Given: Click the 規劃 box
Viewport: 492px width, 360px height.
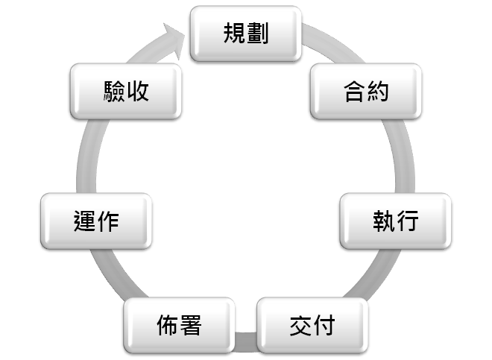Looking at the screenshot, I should click(x=246, y=34).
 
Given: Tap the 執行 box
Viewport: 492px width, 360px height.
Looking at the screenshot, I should click(x=396, y=221).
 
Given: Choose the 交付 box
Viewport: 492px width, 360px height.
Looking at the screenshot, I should click(x=312, y=326).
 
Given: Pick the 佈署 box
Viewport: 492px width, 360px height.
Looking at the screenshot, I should click(x=180, y=326).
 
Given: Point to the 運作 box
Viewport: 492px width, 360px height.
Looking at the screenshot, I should click(x=97, y=221).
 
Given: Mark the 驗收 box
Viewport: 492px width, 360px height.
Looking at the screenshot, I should click(x=126, y=92).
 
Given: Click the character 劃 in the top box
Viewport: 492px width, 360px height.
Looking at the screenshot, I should click(x=258, y=34).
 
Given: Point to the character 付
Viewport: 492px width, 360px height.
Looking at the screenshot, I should click(x=324, y=326).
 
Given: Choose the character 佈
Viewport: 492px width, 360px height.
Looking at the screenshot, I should click(x=168, y=326).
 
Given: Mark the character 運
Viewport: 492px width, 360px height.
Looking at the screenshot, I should click(x=85, y=221).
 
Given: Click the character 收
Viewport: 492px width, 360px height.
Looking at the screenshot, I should click(x=138, y=92).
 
